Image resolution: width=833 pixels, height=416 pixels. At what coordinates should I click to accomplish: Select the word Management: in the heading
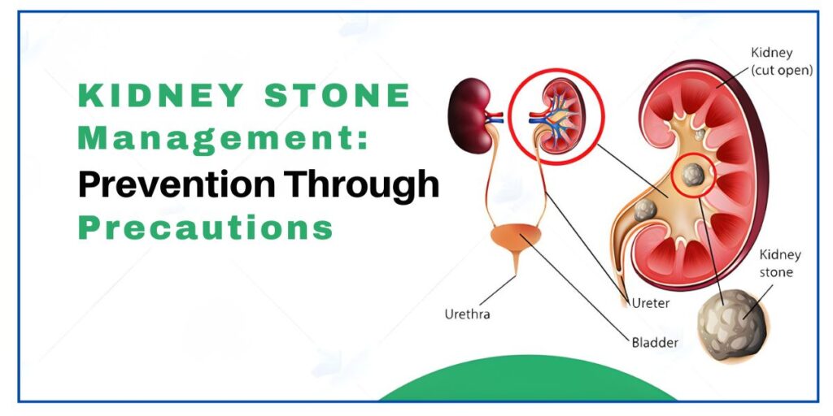click(222, 139)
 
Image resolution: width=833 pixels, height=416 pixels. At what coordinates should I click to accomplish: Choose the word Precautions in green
click(205, 228)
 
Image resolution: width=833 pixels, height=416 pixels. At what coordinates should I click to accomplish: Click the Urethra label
click(468, 314)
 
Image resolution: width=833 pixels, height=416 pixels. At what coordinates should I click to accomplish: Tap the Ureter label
click(652, 302)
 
